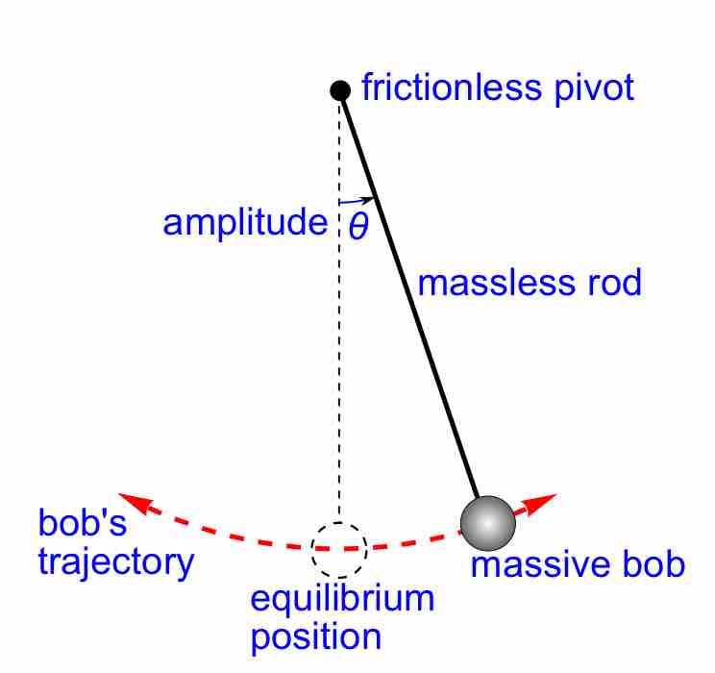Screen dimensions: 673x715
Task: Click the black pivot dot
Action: (x=339, y=90)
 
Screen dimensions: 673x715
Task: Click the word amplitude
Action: (x=245, y=223)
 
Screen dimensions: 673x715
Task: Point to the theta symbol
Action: (x=358, y=227)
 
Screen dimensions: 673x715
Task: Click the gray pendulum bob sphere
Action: (x=487, y=521)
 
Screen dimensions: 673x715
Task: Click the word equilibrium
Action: (x=342, y=600)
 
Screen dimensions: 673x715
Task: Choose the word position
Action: (x=316, y=636)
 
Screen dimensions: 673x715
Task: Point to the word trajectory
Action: (x=115, y=561)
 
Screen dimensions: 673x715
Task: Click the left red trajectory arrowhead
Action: (x=133, y=500)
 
